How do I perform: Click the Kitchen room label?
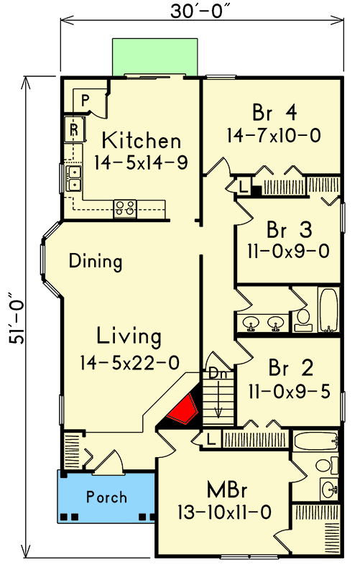point(140,139)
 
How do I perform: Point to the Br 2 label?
point(290,368)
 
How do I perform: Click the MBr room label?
point(228,491)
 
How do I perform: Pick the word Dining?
point(96,262)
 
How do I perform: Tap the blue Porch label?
point(106,497)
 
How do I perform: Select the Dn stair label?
point(216,374)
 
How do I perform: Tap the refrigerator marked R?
point(74,129)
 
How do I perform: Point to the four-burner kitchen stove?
point(125,208)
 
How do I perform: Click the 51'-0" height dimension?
point(14,316)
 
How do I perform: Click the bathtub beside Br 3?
point(328,310)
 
